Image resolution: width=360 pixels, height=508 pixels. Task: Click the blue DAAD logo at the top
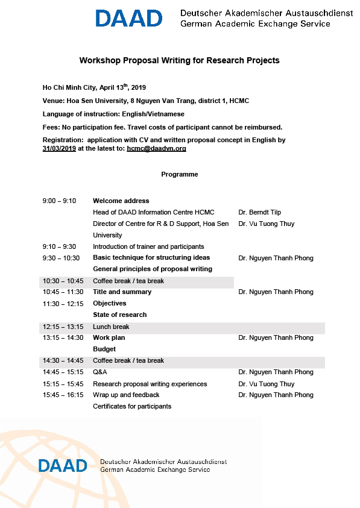[x=128, y=18]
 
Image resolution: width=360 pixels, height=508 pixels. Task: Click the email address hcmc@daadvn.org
[x=156, y=148]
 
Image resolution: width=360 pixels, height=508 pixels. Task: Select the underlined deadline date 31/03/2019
[x=59, y=148]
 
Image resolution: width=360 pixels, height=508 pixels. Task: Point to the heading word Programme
[x=180, y=174]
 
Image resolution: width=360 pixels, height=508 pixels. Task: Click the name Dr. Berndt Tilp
[x=260, y=212]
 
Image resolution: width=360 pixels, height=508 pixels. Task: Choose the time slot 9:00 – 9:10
[x=59, y=201]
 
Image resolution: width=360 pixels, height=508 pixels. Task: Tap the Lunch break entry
[x=111, y=327]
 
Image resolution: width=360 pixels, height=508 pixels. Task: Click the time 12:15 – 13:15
[x=63, y=327]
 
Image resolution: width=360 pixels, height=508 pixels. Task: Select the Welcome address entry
[x=121, y=201]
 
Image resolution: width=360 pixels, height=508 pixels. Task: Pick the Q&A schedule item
[x=99, y=372]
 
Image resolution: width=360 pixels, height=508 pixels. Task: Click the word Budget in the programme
[x=104, y=349]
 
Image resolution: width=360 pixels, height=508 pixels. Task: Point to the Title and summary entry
[x=122, y=292]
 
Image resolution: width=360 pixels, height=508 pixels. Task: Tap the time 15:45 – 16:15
[x=63, y=395]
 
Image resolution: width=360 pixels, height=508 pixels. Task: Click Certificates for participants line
[x=132, y=406]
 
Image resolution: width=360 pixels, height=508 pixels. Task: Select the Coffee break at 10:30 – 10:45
[x=128, y=281]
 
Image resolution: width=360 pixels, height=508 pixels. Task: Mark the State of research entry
[x=119, y=315]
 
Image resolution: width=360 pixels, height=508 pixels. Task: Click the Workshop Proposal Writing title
[x=180, y=60]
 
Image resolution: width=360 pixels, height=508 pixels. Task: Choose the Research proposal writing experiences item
[x=150, y=384]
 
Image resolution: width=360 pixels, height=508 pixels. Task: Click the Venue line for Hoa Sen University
[x=146, y=101]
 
